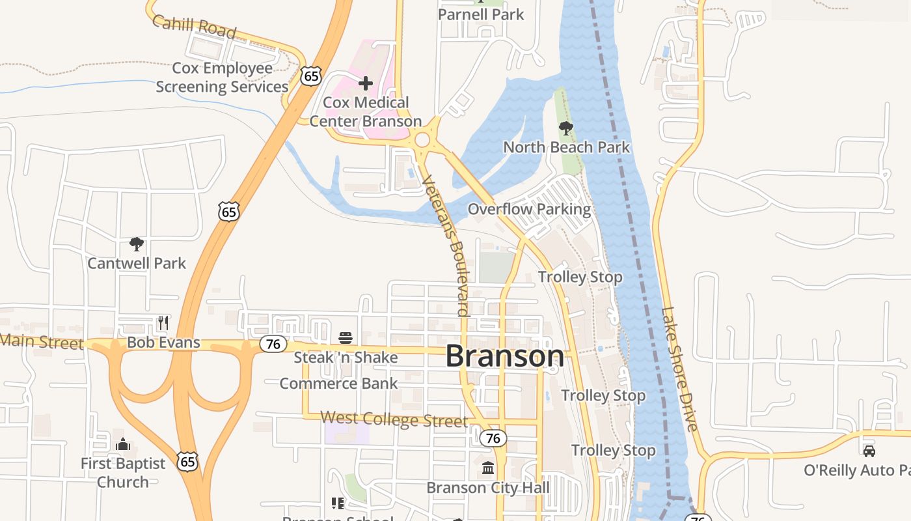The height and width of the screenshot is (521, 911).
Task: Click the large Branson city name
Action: click(x=505, y=356)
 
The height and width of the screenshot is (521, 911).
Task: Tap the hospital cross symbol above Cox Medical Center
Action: click(x=366, y=83)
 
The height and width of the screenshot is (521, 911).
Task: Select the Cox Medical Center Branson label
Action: click(x=366, y=112)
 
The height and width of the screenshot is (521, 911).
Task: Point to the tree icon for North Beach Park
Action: click(x=566, y=128)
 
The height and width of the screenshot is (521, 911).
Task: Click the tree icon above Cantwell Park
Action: click(x=137, y=244)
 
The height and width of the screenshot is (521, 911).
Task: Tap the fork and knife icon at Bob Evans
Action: click(x=163, y=322)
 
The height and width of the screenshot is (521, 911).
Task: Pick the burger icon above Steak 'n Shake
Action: click(x=346, y=338)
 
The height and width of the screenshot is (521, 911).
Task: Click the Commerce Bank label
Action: click(x=338, y=384)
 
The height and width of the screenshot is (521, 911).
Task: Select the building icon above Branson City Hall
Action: click(x=488, y=468)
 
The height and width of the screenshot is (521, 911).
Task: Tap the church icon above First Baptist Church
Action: click(x=123, y=445)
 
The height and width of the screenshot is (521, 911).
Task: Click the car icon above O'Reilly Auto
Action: click(x=869, y=451)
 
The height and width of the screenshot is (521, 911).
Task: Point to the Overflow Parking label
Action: click(x=529, y=210)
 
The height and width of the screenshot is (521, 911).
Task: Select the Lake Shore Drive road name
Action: click(x=680, y=369)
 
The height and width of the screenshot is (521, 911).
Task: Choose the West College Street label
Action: click(x=394, y=419)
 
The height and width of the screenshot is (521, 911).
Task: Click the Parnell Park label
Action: click(x=481, y=14)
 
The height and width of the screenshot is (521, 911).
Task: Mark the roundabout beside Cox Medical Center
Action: click(x=422, y=139)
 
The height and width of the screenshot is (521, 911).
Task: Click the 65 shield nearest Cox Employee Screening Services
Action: click(x=311, y=76)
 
